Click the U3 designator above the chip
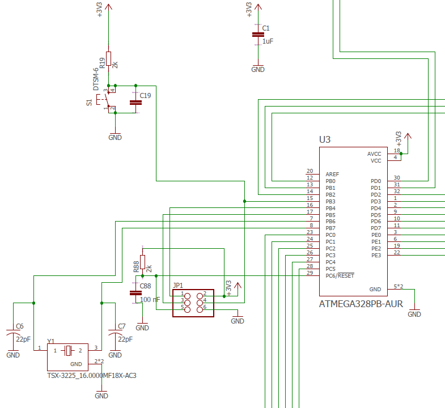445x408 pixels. (x=325, y=139)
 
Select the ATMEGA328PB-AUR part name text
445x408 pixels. (x=361, y=304)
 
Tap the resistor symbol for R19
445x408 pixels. (x=108, y=59)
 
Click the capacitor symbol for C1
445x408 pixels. (x=258, y=35)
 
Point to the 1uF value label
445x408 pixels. (x=268, y=41)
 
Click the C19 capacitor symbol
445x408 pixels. (x=135, y=103)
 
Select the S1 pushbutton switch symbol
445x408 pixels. (x=105, y=99)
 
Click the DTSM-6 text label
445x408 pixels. (x=96, y=79)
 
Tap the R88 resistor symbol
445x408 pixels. (x=142, y=262)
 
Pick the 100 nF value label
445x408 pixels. (x=150, y=300)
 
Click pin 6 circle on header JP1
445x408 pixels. (x=200, y=309)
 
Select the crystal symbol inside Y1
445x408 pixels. (x=68, y=351)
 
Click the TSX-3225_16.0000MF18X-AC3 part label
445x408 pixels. (x=92, y=376)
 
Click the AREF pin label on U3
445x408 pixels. (x=332, y=174)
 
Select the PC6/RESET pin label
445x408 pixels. (x=340, y=275)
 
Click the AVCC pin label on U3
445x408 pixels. (x=374, y=154)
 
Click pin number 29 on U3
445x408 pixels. (x=310, y=273)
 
